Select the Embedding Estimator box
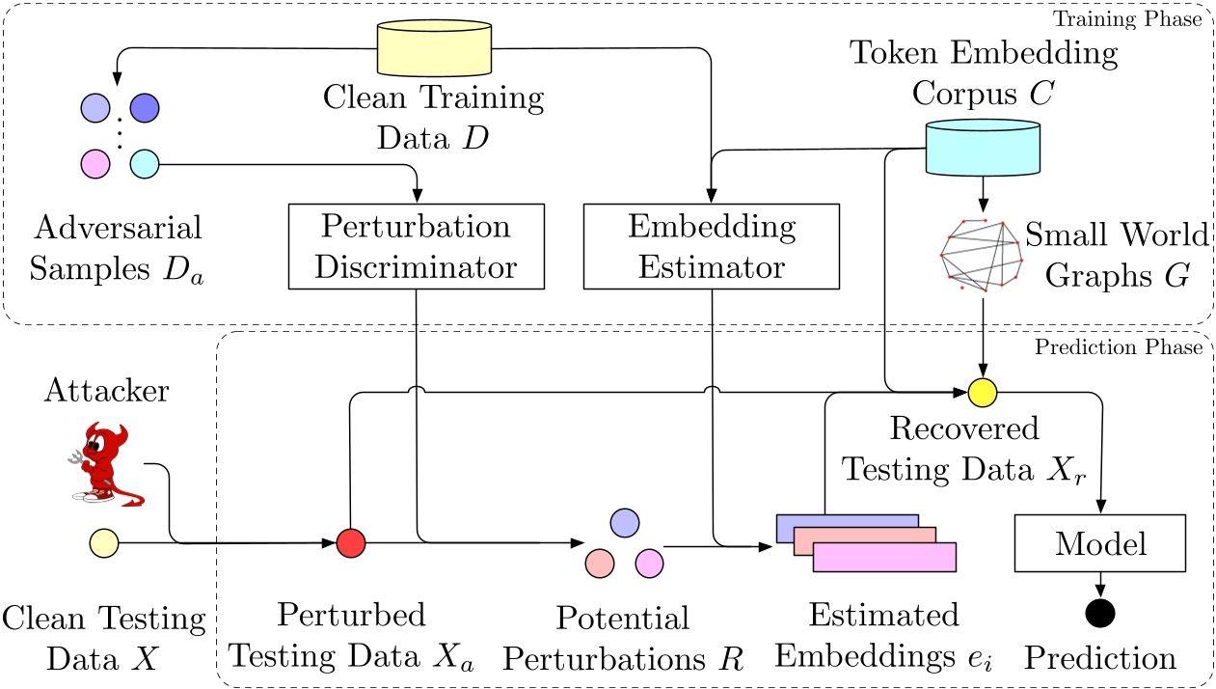(712, 246)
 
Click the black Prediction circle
(1099, 612)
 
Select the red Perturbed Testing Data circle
(351, 544)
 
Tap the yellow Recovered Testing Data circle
(982, 392)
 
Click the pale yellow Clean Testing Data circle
(103, 544)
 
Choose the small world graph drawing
(979, 254)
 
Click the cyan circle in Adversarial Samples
(144, 163)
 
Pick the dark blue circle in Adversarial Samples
(144, 106)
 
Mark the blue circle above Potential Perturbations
(625, 522)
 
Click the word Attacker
(106, 390)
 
